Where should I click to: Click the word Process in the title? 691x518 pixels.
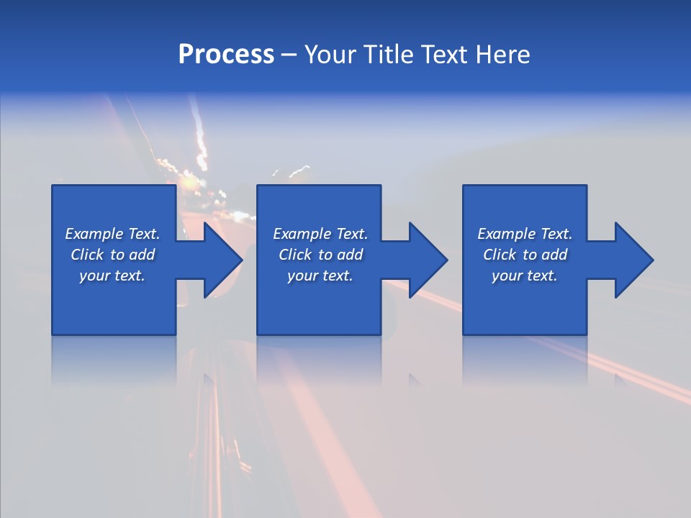coord(226,55)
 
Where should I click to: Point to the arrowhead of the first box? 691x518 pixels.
coord(222,260)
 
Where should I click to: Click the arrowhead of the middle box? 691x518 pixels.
coord(428,260)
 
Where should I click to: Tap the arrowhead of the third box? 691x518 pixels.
coord(633,260)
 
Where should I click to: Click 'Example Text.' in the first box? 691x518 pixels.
coord(112,234)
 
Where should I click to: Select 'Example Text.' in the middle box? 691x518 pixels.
coord(320,234)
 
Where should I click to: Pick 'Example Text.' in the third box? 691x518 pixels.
coord(525,234)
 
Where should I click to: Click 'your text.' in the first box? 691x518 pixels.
coord(112,276)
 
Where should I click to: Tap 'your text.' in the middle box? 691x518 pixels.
coord(320,276)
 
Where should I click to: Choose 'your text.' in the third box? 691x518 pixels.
coord(525,276)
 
